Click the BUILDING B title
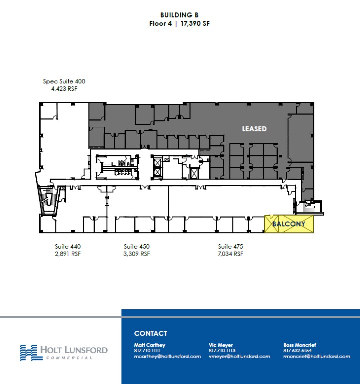click(179, 16)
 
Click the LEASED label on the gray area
click(254, 129)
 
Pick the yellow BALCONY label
click(289, 224)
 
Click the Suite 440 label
click(68, 246)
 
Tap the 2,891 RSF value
click(68, 254)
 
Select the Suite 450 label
click(137, 246)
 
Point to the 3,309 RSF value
click(137, 254)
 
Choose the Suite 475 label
click(230, 246)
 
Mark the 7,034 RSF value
click(230, 254)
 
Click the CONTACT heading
click(150, 333)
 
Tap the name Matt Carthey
click(149, 345)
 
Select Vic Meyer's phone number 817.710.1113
click(222, 351)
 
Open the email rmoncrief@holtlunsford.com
click(316, 356)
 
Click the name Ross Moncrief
click(299, 345)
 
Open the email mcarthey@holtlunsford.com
click(167, 356)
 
